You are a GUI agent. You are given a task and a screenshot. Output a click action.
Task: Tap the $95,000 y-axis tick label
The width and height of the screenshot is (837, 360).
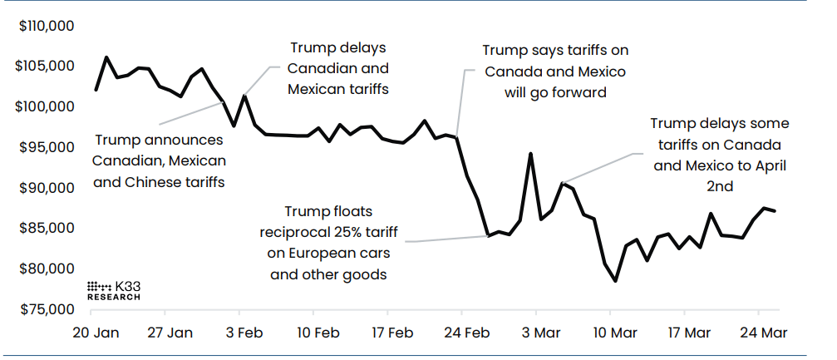coord(48,147)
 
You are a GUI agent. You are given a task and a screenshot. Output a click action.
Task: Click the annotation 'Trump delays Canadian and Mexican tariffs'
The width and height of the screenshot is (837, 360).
coord(338,67)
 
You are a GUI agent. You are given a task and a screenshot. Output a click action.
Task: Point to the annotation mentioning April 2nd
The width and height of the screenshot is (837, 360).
coord(719,155)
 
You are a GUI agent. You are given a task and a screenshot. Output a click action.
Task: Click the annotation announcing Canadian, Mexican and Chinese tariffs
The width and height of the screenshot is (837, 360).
coord(158,159)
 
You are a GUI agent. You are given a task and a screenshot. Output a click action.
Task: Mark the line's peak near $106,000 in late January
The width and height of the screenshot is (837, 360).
coord(106,57)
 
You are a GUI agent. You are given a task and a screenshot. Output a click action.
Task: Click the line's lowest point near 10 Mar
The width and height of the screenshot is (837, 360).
coord(616,281)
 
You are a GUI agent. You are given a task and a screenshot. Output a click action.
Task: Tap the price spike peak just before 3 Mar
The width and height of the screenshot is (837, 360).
coord(530,154)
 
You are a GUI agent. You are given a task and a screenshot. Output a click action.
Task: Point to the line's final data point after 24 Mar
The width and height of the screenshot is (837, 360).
coord(775,211)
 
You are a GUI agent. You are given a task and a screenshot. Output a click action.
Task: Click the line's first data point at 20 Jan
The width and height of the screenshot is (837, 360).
coord(96,90)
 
